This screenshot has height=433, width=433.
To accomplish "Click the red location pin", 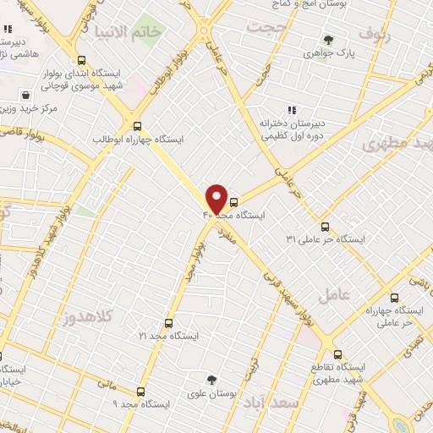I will [216, 198].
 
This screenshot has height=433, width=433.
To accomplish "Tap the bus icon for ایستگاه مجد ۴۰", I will [234, 201].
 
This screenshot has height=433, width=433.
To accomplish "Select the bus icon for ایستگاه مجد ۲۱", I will [168, 323].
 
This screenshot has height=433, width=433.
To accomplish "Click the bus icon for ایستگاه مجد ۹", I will [141, 392].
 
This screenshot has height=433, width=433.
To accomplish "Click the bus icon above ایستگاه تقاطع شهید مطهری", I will [337, 354].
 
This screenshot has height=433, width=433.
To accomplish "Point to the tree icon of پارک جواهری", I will [328, 40].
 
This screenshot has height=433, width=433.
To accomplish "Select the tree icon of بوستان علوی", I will [211, 381].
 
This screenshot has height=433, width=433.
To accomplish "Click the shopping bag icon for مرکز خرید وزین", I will [26, 95].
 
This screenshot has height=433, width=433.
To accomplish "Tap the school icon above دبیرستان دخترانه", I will [291, 109].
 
